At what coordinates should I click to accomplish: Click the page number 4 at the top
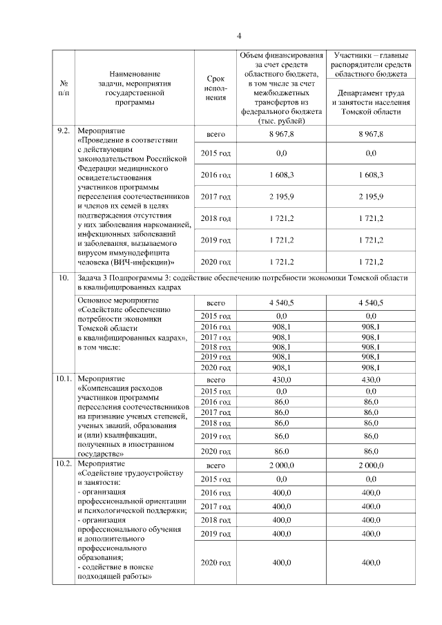point(239,36)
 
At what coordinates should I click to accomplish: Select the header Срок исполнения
point(216,88)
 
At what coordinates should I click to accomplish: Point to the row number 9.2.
point(64,131)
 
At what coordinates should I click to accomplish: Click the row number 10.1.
point(64,379)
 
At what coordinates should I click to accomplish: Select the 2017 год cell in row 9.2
point(215,197)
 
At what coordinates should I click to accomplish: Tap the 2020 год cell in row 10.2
point(215,563)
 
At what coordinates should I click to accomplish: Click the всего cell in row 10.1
point(216,380)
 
